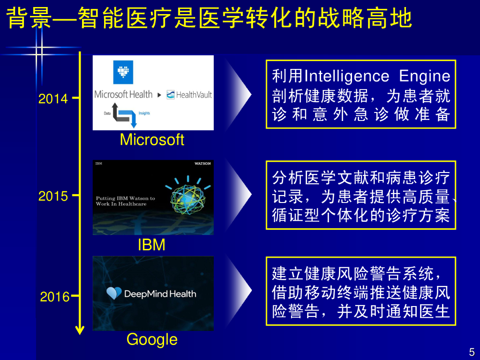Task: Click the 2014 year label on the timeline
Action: (x=53, y=99)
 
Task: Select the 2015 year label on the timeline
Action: (x=53, y=196)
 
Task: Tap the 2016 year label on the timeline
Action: (x=54, y=297)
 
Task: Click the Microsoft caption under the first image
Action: (x=152, y=140)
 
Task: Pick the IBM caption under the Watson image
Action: (x=151, y=245)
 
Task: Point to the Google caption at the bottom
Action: (x=152, y=339)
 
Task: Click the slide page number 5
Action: (x=472, y=352)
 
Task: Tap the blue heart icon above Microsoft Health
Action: (x=123, y=72)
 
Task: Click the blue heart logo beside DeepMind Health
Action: (x=114, y=293)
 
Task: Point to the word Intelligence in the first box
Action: (x=346, y=76)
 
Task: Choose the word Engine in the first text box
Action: (x=425, y=76)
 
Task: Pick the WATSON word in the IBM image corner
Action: (x=202, y=164)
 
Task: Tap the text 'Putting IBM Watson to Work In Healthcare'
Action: (x=125, y=201)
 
